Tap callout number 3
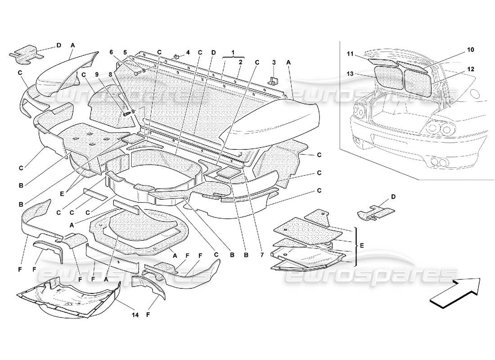(273, 62)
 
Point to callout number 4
(188, 52)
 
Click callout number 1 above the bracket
(234, 53)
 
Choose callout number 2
(241, 62)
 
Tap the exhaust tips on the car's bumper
(436, 162)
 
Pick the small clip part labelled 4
(177, 57)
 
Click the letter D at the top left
(58, 45)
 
